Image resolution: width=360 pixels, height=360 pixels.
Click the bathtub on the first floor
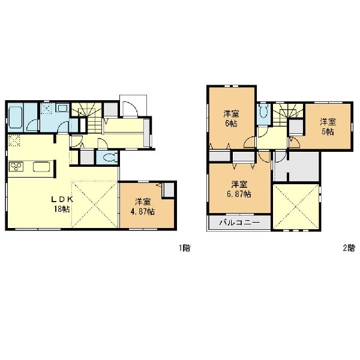[x=16, y=118]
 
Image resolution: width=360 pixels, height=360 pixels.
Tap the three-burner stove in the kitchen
[x=16, y=166]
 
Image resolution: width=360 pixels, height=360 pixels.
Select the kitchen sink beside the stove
[x=41, y=167]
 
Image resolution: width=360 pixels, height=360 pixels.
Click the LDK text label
[x=62, y=199]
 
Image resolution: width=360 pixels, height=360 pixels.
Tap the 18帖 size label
[x=62, y=209]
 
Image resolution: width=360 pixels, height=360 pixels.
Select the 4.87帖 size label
[x=142, y=211]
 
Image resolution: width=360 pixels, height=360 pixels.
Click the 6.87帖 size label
[x=239, y=194]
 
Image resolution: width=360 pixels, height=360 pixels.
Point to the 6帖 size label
[x=231, y=124]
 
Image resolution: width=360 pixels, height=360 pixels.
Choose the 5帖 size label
[x=328, y=132]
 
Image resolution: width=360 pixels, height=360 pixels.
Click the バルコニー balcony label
[x=239, y=222]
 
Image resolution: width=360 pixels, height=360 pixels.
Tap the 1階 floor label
[x=185, y=248]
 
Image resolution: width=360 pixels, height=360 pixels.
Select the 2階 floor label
[x=349, y=248]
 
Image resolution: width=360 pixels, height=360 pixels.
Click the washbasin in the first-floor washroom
[x=62, y=107]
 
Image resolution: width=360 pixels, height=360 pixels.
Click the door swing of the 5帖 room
[x=295, y=143]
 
